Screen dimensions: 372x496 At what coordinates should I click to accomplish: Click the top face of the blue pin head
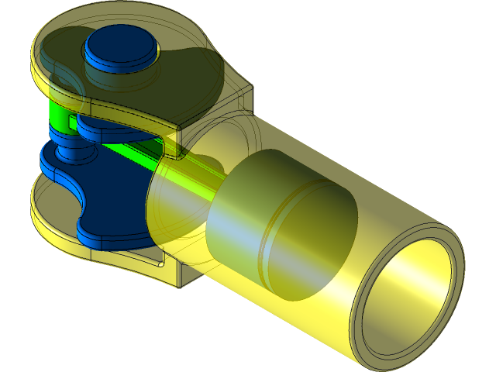click(120, 43)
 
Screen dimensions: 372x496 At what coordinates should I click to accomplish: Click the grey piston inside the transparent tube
click(256, 232)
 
